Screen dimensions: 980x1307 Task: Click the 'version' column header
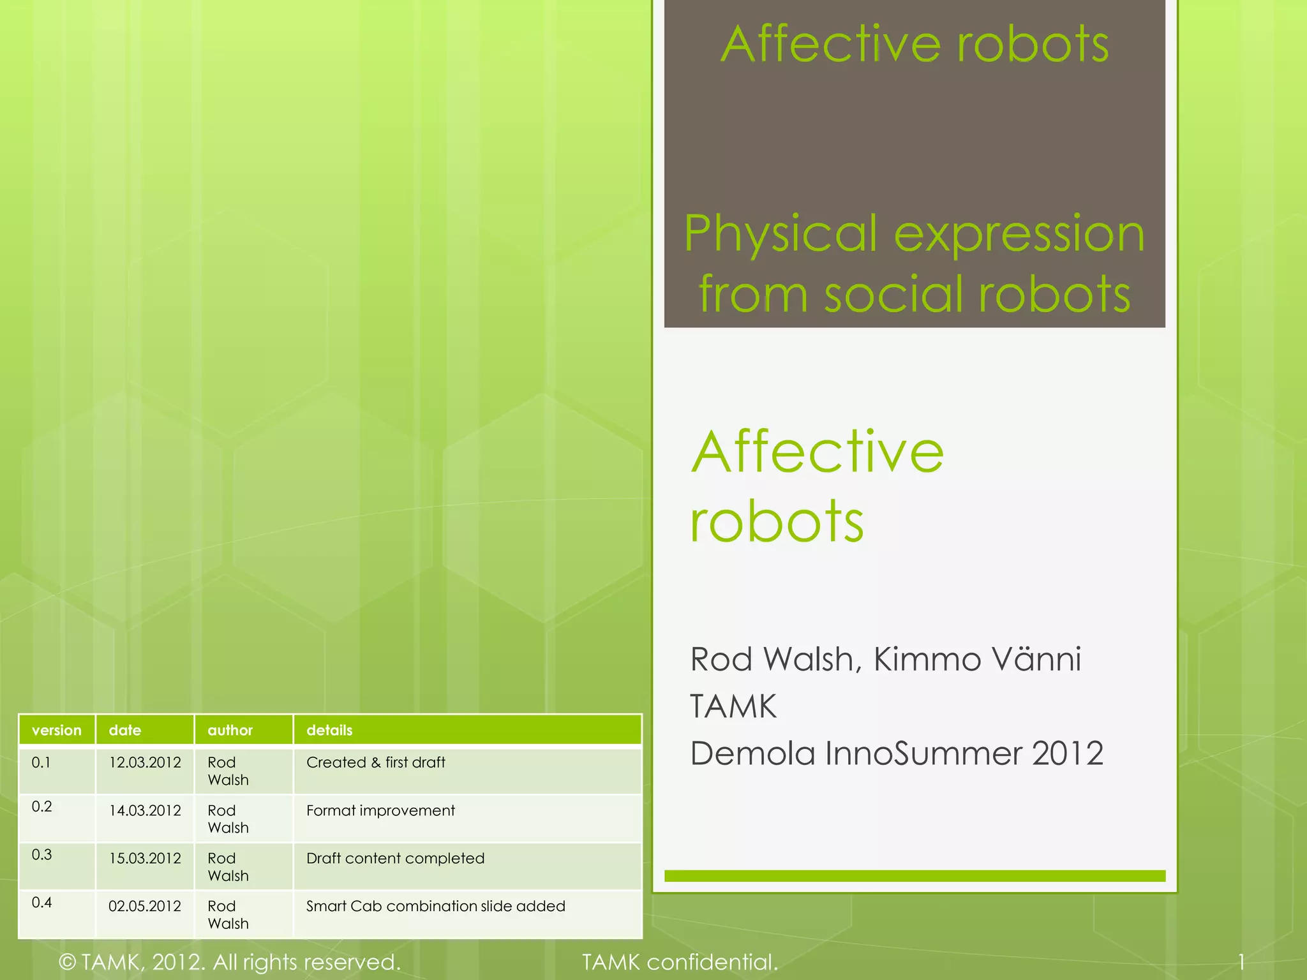tap(57, 730)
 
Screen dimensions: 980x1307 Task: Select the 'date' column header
tap(125, 730)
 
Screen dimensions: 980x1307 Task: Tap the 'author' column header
tap(230, 730)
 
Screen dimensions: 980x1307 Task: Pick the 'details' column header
tap(329, 730)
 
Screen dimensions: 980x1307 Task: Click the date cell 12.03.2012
tap(145, 762)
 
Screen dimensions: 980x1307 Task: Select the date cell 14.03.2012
tap(145, 810)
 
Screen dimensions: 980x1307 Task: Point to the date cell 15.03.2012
tap(145, 858)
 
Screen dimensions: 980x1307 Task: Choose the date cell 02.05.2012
tap(145, 906)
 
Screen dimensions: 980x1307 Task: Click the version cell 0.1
tap(41, 762)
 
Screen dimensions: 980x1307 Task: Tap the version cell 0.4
tap(42, 902)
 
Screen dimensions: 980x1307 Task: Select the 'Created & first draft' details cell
tap(376, 762)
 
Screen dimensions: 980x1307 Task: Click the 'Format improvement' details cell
tap(380, 810)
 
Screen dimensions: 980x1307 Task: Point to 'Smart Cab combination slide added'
tap(436, 906)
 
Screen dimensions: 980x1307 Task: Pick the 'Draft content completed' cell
tap(396, 858)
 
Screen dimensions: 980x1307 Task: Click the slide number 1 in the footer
tap(1241, 961)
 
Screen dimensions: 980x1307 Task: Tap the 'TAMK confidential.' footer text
tap(680, 961)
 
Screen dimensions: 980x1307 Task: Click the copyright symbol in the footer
tap(67, 962)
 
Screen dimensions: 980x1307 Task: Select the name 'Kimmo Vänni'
tap(977, 659)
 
